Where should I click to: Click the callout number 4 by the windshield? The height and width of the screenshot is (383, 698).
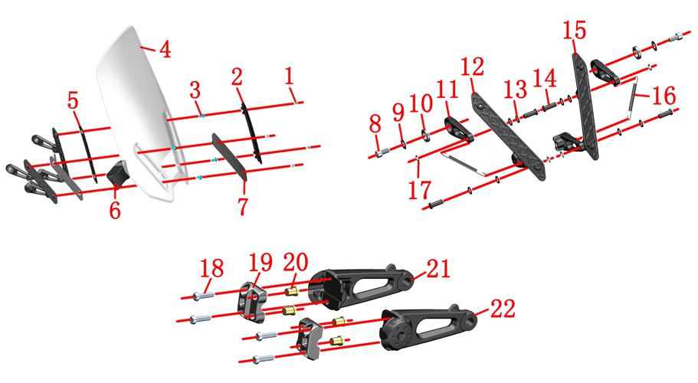click(x=165, y=49)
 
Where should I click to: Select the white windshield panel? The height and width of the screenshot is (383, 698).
click(x=133, y=111)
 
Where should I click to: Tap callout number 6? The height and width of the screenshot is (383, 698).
click(x=115, y=210)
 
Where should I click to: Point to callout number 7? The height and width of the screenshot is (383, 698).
click(x=243, y=206)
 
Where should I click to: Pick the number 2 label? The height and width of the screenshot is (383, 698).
click(x=238, y=77)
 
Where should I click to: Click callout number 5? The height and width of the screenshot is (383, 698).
click(x=73, y=100)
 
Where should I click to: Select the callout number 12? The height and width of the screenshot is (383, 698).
click(x=472, y=67)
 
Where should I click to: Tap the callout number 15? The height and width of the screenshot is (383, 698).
click(x=575, y=30)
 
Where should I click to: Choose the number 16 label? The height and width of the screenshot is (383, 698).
click(x=664, y=96)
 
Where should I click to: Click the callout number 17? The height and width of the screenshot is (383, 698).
click(x=420, y=190)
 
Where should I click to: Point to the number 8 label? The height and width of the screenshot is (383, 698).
click(x=375, y=124)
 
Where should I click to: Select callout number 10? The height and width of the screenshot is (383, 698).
click(x=421, y=103)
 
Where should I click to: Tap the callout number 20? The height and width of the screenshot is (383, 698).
click(x=296, y=263)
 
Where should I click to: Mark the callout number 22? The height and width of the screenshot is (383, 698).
click(x=503, y=308)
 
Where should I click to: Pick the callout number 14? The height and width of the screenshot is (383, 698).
click(x=545, y=78)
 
